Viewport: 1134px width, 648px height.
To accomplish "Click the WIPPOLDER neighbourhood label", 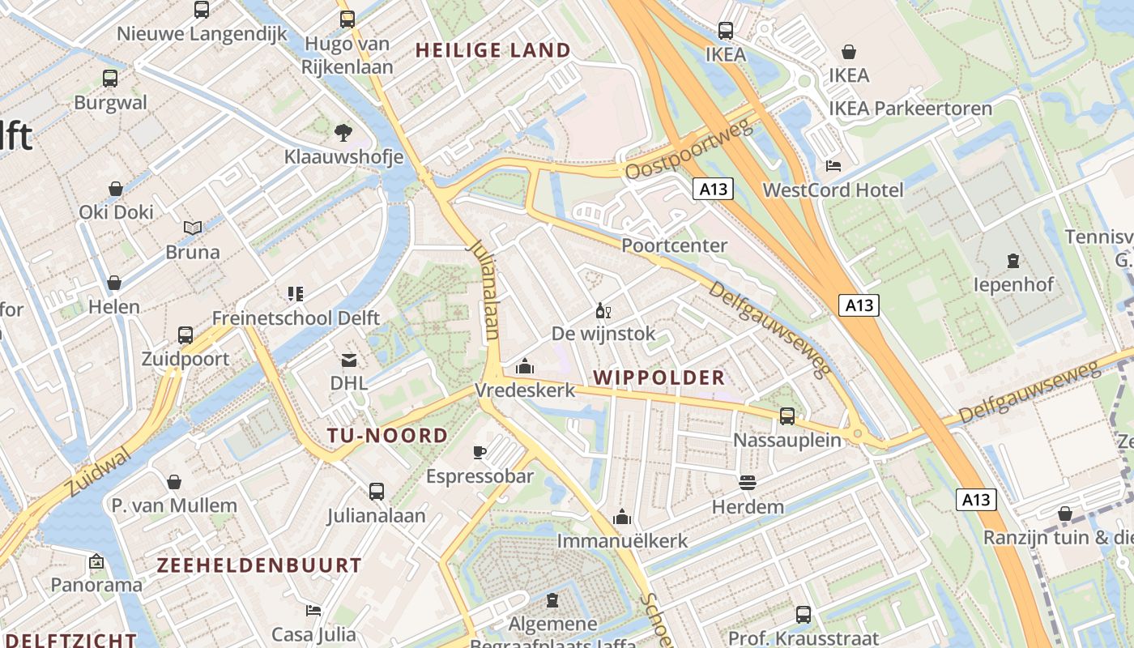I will click(x=659, y=377).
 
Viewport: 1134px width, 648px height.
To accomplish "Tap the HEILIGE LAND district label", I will click(x=492, y=50).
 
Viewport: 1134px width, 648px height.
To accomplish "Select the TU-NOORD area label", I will click(x=387, y=436).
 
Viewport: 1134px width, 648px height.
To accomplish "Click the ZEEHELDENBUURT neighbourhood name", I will click(x=259, y=565).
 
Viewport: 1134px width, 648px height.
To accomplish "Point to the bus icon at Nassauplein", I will click(x=787, y=416).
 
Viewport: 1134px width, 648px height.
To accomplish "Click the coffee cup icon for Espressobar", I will click(x=480, y=452).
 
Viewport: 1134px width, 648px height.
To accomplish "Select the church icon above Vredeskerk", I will click(x=525, y=367).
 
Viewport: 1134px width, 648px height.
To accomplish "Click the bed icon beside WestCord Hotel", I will click(x=833, y=166).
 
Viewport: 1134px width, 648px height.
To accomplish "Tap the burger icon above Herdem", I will click(x=747, y=483).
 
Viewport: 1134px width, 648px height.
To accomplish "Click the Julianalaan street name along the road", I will click(x=484, y=288).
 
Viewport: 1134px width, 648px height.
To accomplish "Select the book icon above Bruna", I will click(x=193, y=228).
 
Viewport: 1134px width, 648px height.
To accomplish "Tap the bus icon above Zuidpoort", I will click(x=185, y=335).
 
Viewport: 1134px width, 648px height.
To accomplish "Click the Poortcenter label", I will click(x=674, y=245).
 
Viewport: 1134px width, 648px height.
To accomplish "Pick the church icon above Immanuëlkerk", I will click(x=622, y=517).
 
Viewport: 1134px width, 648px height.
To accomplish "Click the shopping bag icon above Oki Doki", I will click(x=116, y=189).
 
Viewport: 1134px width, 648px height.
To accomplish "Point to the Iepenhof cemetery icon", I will click(x=1013, y=261).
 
